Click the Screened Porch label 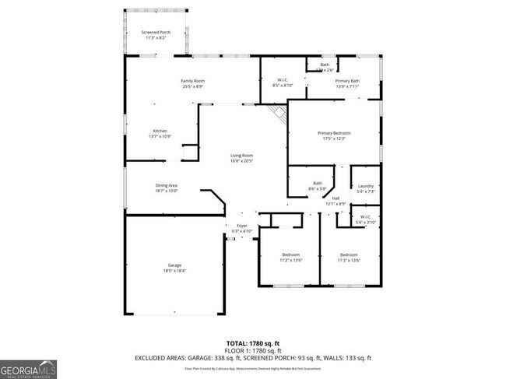coord(156,35)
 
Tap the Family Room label coord(192,83)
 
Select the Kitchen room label coord(160,133)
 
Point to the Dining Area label coord(167,187)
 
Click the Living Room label coord(241,158)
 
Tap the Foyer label coord(242,228)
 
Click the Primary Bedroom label coord(334,135)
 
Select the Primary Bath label coord(347,83)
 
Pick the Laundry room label coord(365,188)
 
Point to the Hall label coord(336,201)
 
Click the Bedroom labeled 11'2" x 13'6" coord(290,258)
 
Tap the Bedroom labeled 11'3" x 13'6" coord(349,258)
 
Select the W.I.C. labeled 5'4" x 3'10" coord(365,219)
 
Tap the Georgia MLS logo coord(28,369)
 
